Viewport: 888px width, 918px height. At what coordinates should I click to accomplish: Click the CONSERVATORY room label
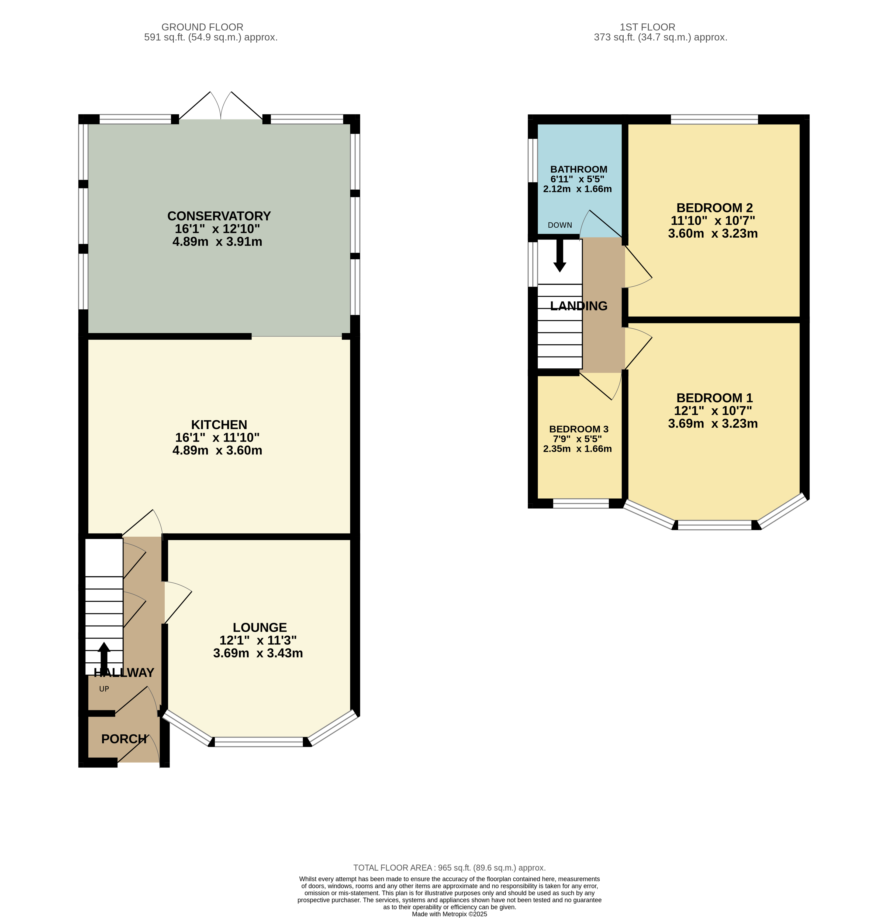pos(219,216)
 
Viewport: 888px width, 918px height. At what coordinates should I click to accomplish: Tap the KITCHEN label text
pos(219,425)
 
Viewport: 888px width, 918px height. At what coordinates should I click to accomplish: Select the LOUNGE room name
pos(260,628)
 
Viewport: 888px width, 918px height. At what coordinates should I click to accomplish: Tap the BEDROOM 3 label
pos(579,429)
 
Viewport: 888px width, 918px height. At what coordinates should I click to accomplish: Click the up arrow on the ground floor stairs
pos(104,658)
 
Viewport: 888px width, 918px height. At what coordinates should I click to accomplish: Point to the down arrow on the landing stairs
pos(559,256)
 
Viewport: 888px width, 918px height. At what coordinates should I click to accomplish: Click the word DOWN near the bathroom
pos(560,225)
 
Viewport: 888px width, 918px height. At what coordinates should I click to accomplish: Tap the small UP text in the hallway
pos(104,689)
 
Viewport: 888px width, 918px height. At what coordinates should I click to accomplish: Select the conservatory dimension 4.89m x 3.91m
pos(217,242)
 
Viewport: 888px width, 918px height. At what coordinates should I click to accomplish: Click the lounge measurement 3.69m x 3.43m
pos(258,653)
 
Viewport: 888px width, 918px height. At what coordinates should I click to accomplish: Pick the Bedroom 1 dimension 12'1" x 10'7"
pos(713,411)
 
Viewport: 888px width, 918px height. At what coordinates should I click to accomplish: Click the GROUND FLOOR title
pos(202,27)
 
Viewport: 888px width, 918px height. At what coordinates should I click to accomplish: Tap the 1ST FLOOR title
pos(647,27)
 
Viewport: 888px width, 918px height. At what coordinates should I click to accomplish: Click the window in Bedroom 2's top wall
pos(714,119)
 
